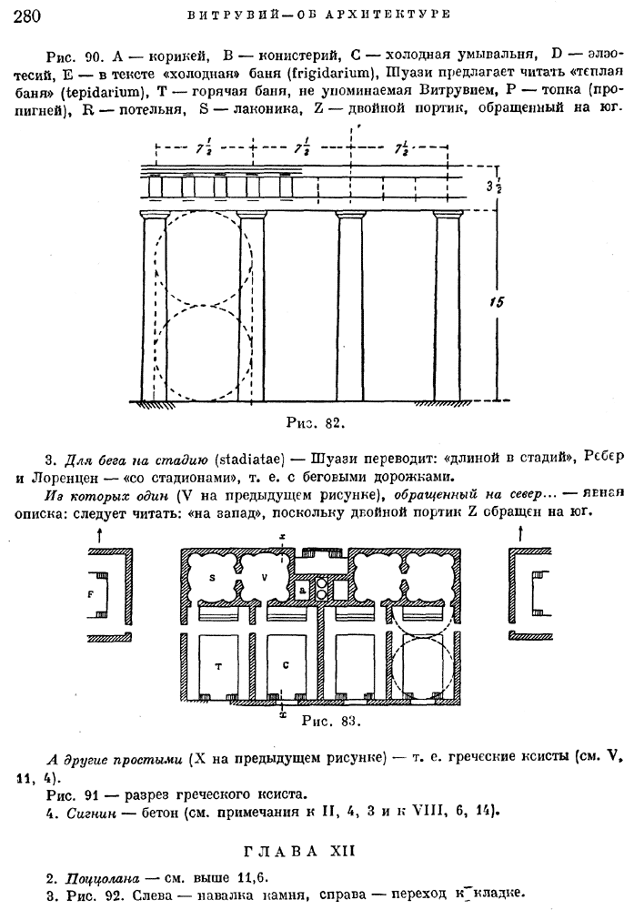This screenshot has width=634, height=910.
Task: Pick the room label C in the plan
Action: (x=287, y=665)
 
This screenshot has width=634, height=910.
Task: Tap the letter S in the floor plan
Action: (x=212, y=577)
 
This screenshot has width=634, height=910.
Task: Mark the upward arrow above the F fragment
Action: (x=98, y=536)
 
